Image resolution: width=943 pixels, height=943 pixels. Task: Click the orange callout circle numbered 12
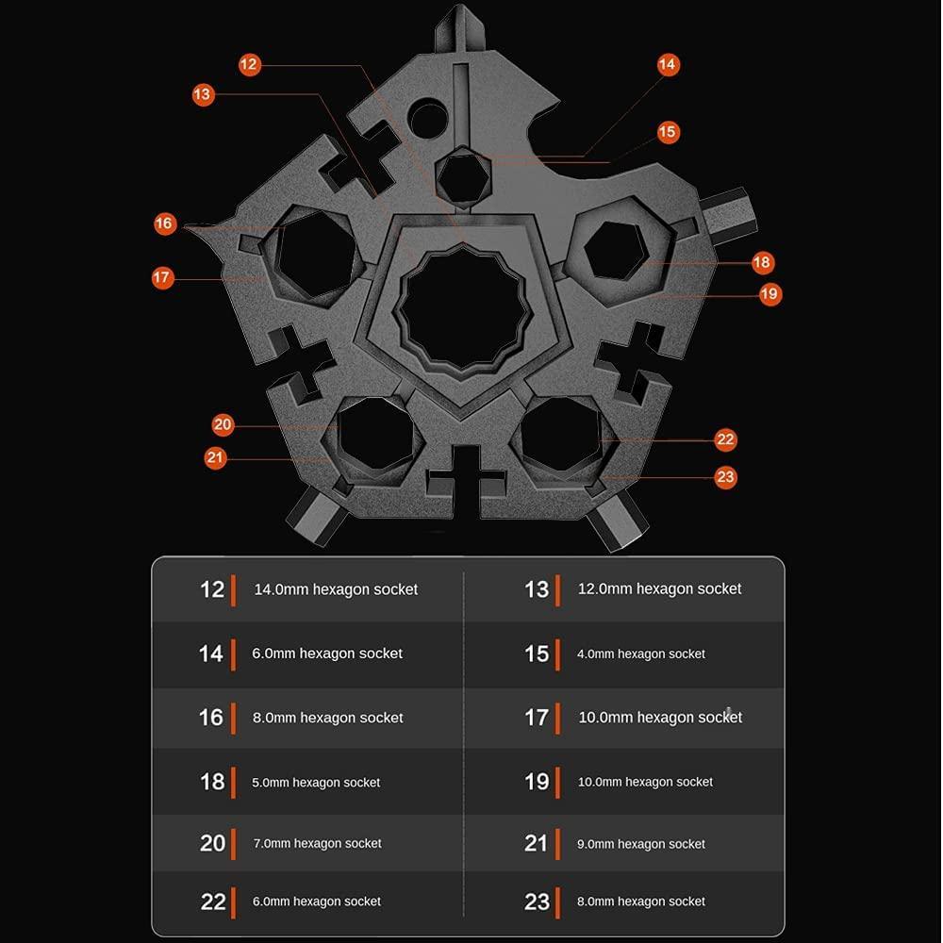click(x=249, y=64)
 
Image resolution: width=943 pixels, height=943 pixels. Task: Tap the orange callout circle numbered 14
click(x=668, y=64)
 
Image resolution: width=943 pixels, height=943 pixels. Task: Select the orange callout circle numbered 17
click(x=162, y=277)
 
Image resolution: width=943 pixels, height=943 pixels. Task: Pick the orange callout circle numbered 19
click(x=769, y=294)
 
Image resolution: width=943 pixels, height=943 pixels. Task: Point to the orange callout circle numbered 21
click(x=215, y=457)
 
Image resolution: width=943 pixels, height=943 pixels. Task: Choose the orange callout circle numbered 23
click(x=726, y=477)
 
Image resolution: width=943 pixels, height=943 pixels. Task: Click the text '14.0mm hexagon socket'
click(x=336, y=589)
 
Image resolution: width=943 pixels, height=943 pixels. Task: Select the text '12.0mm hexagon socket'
click(x=659, y=588)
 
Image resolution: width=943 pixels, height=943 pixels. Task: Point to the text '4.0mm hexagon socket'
click(x=640, y=653)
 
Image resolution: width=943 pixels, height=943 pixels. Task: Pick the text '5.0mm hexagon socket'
click(x=316, y=783)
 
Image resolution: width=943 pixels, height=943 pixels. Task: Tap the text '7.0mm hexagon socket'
click(x=317, y=844)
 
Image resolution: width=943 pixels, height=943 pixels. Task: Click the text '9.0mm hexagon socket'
click(x=640, y=844)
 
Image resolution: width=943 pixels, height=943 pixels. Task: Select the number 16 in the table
click(x=211, y=718)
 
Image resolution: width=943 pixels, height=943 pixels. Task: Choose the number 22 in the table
click(x=213, y=902)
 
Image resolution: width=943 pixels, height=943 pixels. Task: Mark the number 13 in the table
click(x=537, y=589)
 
